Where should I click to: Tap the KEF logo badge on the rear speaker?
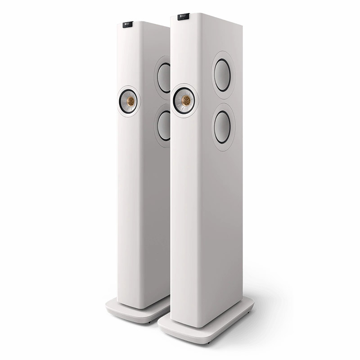[x=129, y=24]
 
